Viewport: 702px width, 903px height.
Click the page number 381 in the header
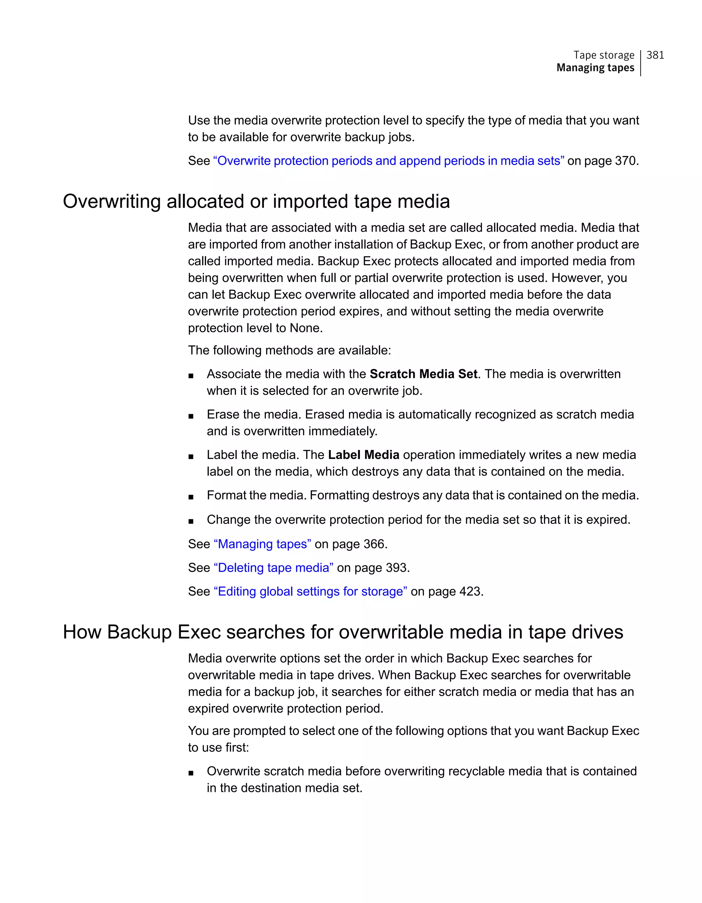coord(655,55)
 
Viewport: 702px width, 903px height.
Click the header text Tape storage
coord(603,55)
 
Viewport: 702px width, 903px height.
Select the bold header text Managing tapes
coord(595,68)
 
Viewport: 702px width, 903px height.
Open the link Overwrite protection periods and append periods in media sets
coord(388,161)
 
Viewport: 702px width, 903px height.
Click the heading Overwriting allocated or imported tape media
coord(256,202)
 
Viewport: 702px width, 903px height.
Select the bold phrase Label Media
coord(363,455)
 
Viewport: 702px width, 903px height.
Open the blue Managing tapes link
coord(262,544)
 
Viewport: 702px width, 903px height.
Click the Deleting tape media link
coord(274,568)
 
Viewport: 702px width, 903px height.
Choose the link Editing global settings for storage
coord(310,592)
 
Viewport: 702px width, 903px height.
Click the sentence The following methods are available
coord(289,350)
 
